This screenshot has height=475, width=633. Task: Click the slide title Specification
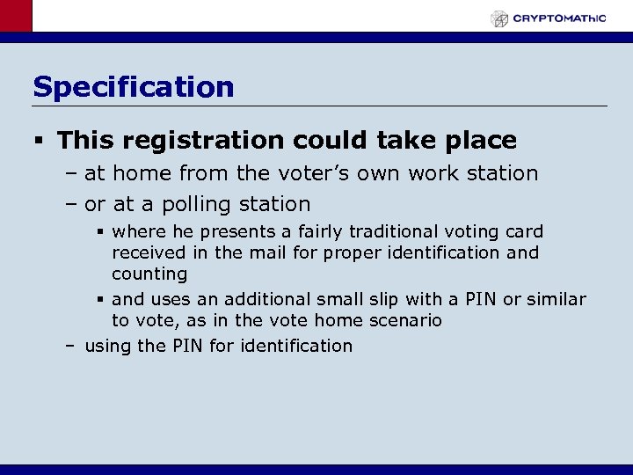click(x=134, y=87)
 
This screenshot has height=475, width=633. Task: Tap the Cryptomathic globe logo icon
click(x=499, y=18)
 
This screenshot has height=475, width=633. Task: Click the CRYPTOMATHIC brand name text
click(x=560, y=18)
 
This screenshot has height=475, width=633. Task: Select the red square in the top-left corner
click(x=16, y=16)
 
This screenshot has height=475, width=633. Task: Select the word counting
click(x=149, y=274)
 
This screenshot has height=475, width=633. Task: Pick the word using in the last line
click(x=107, y=347)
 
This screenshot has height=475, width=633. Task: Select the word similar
click(x=556, y=299)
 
